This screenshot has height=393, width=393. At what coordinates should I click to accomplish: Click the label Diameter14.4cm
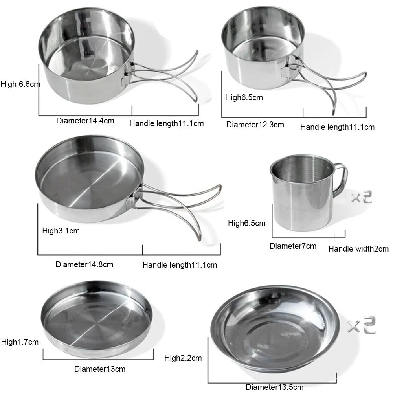(85, 121)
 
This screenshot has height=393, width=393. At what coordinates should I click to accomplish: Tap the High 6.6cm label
(20, 84)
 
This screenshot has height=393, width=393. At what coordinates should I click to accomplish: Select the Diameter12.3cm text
(255, 125)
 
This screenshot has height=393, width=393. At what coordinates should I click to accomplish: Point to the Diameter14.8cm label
(84, 264)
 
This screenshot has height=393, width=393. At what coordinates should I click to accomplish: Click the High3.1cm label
(61, 231)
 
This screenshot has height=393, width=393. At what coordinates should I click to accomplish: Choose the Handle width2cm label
(358, 248)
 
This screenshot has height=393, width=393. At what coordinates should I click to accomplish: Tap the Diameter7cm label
(293, 246)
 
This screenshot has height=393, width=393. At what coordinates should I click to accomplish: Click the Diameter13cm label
(100, 369)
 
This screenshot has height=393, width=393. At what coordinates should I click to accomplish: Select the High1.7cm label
(20, 342)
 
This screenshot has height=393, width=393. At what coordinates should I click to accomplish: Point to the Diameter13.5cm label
(274, 387)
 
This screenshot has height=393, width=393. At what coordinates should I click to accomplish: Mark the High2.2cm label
(183, 358)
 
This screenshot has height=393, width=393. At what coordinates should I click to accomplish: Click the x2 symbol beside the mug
(362, 197)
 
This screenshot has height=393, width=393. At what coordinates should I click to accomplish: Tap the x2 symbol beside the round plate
(361, 326)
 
